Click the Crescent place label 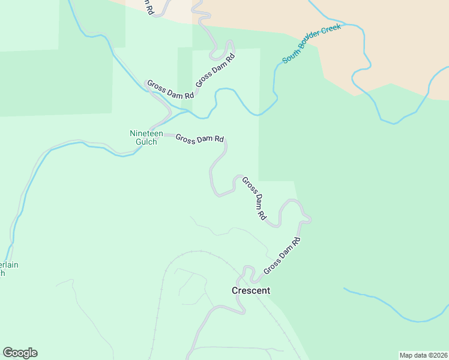click(251, 290)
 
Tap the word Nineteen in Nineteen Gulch click(146, 133)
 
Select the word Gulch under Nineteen click(146, 142)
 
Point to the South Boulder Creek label click(312, 44)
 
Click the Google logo click(20, 353)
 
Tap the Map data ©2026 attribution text click(423, 355)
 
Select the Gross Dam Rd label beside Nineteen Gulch click(199, 139)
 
